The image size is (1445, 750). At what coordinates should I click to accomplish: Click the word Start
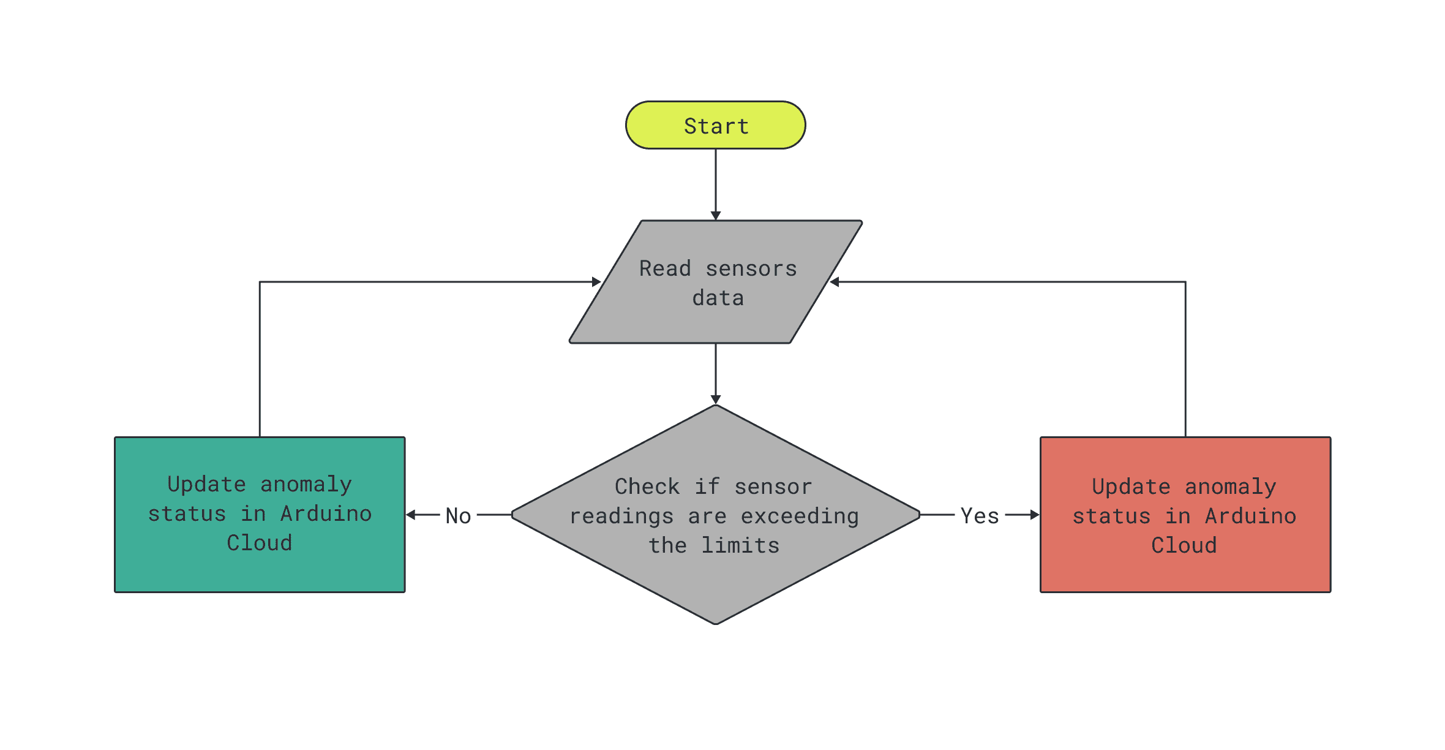(716, 126)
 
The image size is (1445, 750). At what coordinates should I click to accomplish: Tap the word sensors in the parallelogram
(751, 268)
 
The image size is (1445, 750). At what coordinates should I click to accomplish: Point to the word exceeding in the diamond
(800, 516)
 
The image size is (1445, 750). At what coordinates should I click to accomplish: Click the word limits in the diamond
(740, 545)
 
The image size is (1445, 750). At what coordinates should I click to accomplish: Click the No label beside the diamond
(458, 516)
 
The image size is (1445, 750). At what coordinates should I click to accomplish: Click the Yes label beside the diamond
(980, 516)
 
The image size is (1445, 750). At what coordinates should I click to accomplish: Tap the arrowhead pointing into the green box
(411, 515)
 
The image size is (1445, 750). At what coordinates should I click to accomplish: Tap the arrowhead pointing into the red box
(1035, 515)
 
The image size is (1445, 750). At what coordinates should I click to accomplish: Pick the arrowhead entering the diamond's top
(715, 400)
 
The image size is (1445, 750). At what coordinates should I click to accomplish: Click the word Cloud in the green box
(260, 543)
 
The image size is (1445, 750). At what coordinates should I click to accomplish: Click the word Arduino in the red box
(1250, 516)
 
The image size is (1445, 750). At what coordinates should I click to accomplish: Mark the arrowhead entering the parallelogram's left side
(596, 282)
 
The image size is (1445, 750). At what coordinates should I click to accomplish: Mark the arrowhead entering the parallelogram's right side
(835, 282)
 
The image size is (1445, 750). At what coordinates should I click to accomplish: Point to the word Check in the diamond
(647, 487)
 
